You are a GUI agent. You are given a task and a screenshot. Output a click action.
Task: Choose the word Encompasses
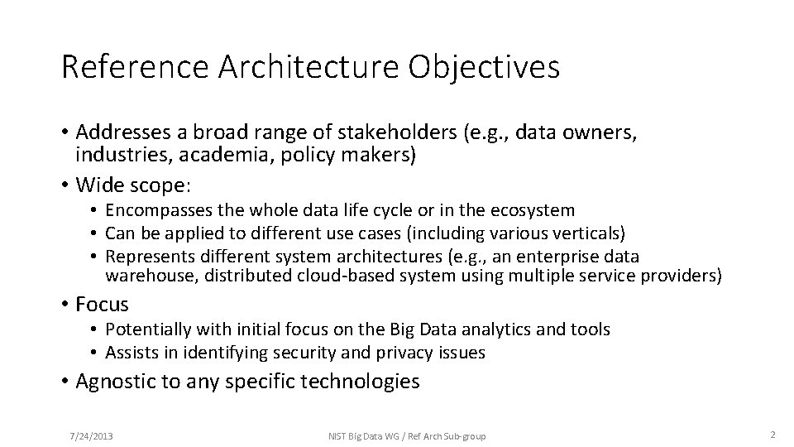(x=156, y=211)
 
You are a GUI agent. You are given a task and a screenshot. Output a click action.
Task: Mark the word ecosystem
(x=534, y=211)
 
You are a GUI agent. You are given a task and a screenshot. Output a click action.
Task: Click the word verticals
(x=586, y=234)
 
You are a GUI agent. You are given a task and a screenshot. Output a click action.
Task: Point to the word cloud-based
(x=342, y=275)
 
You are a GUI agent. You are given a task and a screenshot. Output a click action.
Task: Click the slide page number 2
(x=771, y=435)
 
